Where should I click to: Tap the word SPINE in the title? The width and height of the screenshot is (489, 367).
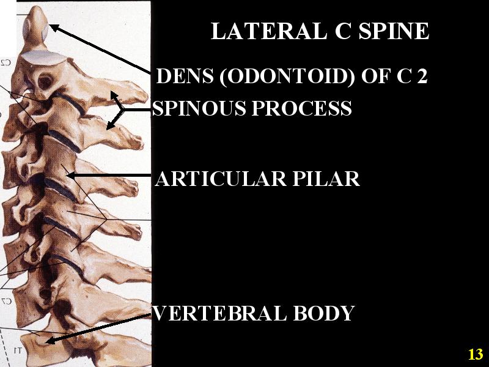(x=394, y=32)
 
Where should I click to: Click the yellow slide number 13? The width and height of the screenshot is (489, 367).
(x=476, y=354)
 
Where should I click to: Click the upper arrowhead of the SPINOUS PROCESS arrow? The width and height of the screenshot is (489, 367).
(x=112, y=95)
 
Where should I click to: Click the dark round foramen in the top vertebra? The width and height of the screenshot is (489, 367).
(x=45, y=80)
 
